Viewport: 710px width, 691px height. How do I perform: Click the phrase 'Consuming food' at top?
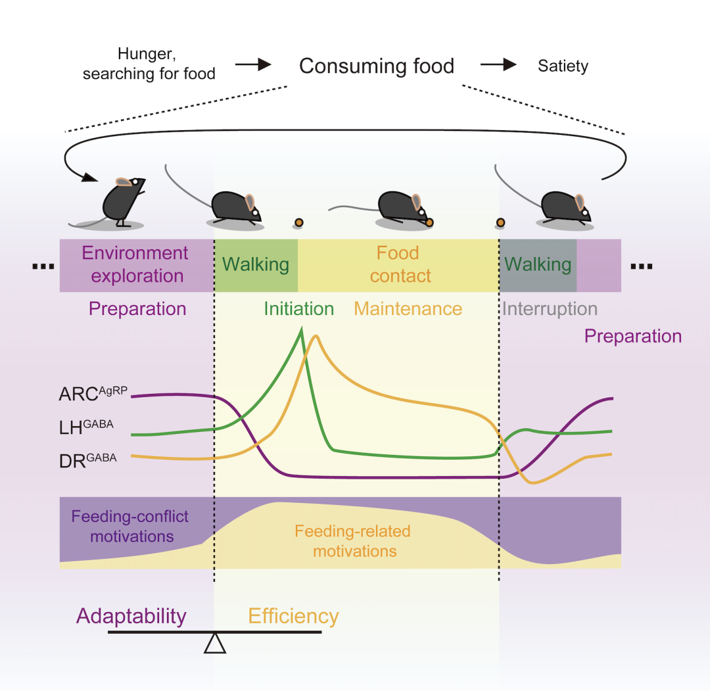point(376,66)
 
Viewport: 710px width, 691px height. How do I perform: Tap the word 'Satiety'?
point(563,66)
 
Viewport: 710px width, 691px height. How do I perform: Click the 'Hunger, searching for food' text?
point(149,64)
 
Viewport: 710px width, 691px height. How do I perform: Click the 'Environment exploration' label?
point(135,264)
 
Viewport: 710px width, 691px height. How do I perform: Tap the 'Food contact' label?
point(399,264)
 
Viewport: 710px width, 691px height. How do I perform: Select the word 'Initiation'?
point(298,308)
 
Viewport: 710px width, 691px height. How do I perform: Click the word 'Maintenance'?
point(408,308)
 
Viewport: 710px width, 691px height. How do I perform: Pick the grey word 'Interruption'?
point(550,308)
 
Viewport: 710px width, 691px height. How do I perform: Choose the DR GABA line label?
point(87,460)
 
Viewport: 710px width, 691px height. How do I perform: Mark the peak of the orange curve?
point(317,336)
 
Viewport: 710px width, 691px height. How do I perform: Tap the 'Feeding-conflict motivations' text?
point(131,526)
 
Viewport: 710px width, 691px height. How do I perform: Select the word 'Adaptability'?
point(131,616)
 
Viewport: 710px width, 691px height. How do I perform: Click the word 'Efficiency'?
point(293,616)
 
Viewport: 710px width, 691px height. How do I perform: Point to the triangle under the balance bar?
point(215,644)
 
